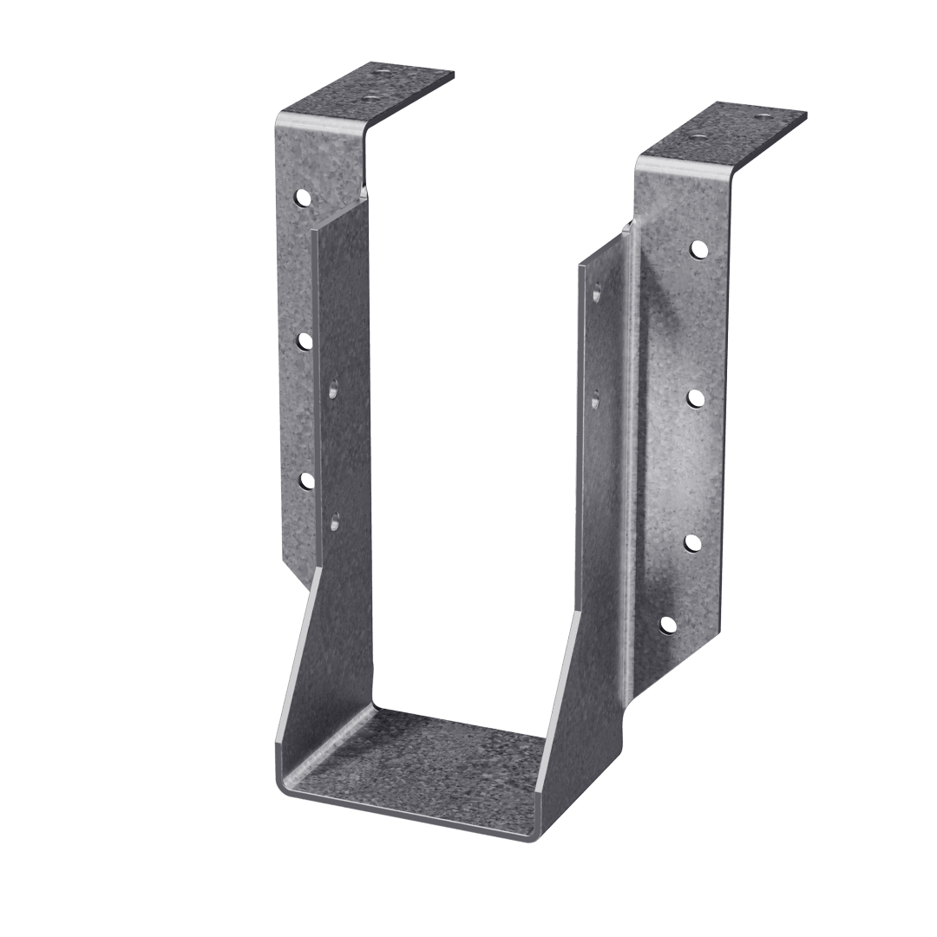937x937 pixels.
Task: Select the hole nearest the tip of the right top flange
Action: [x=763, y=115]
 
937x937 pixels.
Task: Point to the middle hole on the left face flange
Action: [x=305, y=341]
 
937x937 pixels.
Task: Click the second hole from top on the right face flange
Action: [x=695, y=397]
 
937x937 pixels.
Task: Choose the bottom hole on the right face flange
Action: [x=667, y=623]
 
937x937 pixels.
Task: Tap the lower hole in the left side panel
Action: [x=335, y=521]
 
